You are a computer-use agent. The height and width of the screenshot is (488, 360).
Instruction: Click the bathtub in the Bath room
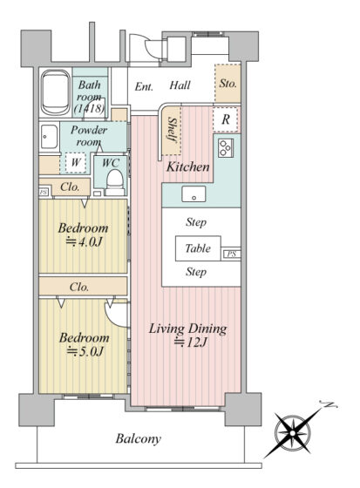pos(56,92)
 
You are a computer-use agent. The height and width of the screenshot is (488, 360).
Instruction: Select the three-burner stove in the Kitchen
pos(225,147)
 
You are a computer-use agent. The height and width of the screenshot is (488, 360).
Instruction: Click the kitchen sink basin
pos(194,194)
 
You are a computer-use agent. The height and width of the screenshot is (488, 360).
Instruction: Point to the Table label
pos(198,248)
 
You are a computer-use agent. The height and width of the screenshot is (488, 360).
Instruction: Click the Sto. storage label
pos(228,83)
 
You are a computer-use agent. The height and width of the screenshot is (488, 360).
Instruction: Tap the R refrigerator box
pos(227,119)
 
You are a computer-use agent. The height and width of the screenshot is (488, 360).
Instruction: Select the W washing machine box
pos(75,162)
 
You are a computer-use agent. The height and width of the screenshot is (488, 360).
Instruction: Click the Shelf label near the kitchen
pos(172,130)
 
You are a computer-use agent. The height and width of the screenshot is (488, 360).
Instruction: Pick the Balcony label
pos(139,439)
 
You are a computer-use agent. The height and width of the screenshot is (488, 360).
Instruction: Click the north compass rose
pos(293,433)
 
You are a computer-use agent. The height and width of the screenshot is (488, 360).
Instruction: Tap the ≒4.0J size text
pos(84,242)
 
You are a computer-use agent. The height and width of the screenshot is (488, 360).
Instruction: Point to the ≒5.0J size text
pos(85,352)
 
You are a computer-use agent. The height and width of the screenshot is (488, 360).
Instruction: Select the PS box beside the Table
pos(231,254)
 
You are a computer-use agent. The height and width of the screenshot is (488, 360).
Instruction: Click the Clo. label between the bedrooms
pos(79,287)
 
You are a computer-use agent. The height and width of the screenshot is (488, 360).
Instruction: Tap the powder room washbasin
pos(49,138)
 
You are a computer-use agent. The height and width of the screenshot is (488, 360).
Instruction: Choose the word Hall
pos(180,85)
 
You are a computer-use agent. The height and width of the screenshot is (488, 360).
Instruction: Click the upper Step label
pos(196,222)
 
